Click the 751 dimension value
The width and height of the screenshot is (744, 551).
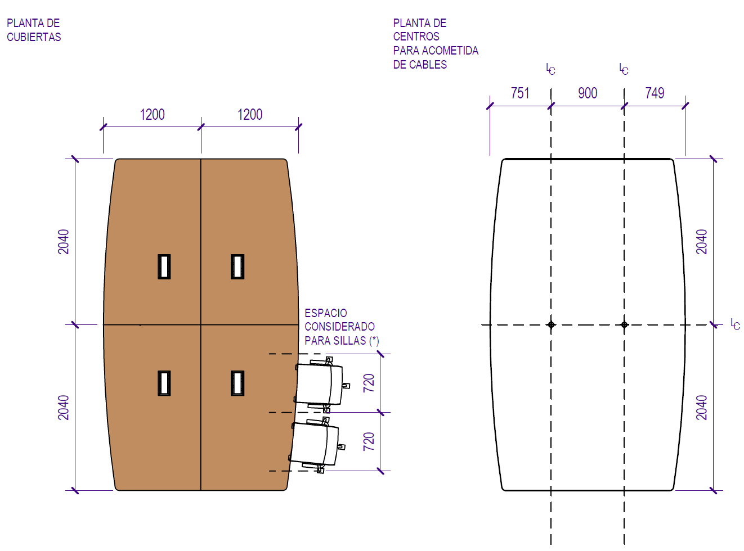[x=519, y=93]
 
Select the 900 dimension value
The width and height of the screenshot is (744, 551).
[x=588, y=93]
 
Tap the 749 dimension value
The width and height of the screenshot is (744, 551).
[x=655, y=93]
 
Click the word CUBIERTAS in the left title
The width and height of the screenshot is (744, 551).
[x=34, y=37]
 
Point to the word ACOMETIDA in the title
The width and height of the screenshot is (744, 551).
[x=450, y=51]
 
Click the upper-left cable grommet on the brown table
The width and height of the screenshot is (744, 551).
[x=164, y=267]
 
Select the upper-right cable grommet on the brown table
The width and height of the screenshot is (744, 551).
[x=237, y=267]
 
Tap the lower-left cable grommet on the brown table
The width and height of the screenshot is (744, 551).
[x=164, y=383]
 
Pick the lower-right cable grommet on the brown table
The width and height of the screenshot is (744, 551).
[x=237, y=383]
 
